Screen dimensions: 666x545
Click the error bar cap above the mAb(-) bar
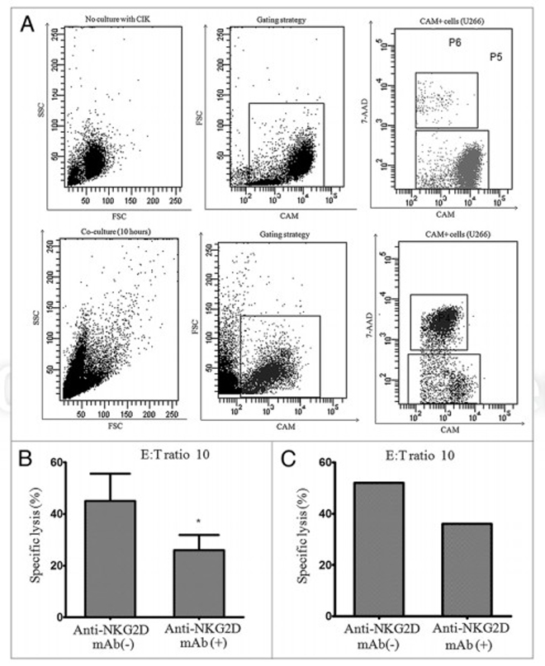point(114,474)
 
